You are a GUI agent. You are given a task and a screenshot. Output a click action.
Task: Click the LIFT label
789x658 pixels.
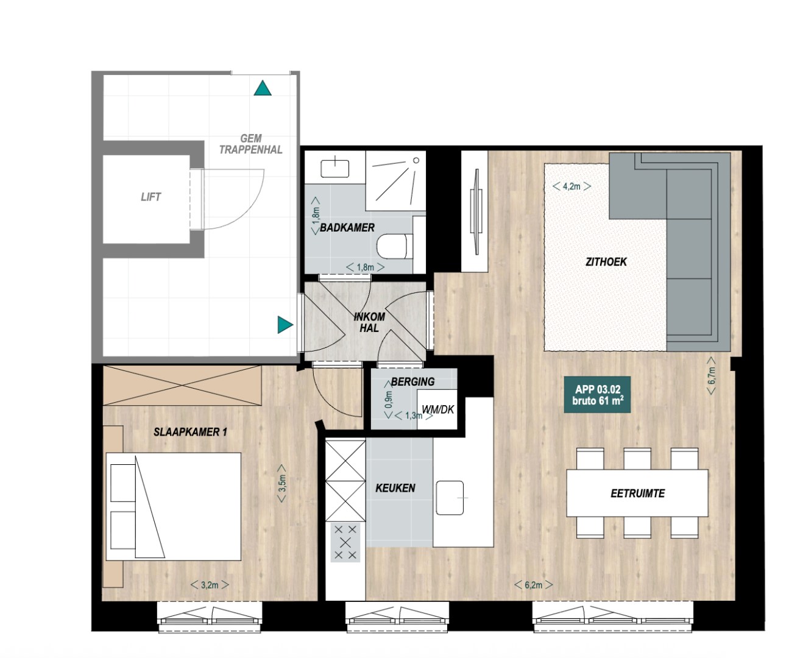(x=150, y=197)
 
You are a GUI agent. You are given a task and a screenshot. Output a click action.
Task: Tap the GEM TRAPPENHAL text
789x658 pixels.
(x=251, y=144)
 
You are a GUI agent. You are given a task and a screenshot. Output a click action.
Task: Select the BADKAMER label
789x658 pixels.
(x=347, y=227)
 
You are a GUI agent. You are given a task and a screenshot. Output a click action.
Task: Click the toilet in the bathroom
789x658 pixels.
(x=395, y=246)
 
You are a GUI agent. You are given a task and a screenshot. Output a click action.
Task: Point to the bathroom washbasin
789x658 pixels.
(x=335, y=169)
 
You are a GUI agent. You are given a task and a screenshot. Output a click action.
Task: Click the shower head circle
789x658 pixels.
(x=416, y=160)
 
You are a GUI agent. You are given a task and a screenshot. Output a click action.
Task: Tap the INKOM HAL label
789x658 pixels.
(x=369, y=322)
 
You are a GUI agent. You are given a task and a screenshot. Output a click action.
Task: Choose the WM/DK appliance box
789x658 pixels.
(x=437, y=409)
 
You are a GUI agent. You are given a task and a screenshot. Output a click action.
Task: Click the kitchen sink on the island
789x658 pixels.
(x=450, y=498)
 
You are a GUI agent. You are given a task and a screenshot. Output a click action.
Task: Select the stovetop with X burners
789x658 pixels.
(x=345, y=542)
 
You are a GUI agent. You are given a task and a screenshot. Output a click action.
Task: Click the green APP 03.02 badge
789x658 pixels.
(x=598, y=395)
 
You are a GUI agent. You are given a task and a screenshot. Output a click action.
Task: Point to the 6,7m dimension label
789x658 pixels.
(x=712, y=376)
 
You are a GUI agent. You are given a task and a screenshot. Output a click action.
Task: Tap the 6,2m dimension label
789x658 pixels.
(x=534, y=585)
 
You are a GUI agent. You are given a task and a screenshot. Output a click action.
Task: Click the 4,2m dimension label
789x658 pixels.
(x=571, y=186)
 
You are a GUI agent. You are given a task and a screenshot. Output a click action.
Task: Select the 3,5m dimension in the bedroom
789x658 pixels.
(x=282, y=484)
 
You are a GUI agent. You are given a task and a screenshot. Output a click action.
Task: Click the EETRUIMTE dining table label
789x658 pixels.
(x=637, y=493)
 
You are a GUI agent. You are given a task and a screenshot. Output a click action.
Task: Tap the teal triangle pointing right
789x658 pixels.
(x=285, y=325)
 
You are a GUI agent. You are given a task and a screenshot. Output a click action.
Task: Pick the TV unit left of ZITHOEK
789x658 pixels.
(x=475, y=211)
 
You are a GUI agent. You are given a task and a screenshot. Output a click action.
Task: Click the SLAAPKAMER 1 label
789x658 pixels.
(x=190, y=432)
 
